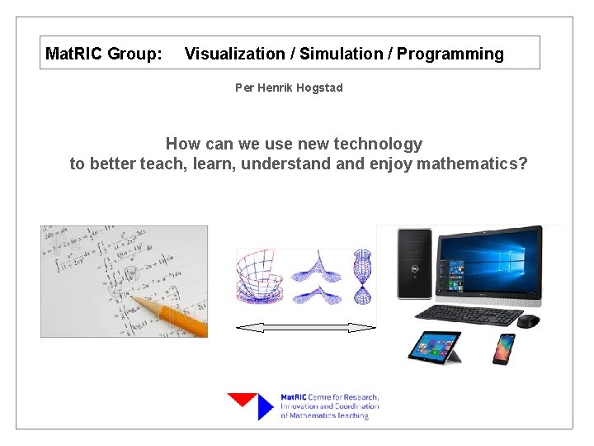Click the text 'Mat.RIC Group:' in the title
[x=103, y=55]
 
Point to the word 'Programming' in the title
[x=450, y=55]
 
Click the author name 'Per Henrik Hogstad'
[x=289, y=88]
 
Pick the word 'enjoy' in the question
[x=391, y=164]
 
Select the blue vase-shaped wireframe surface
[x=362, y=277]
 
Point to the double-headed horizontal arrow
[x=305, y=328]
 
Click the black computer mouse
[x=529, y=320]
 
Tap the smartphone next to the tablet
[x=503, y=348]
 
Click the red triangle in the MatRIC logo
[x=243, y=401]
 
